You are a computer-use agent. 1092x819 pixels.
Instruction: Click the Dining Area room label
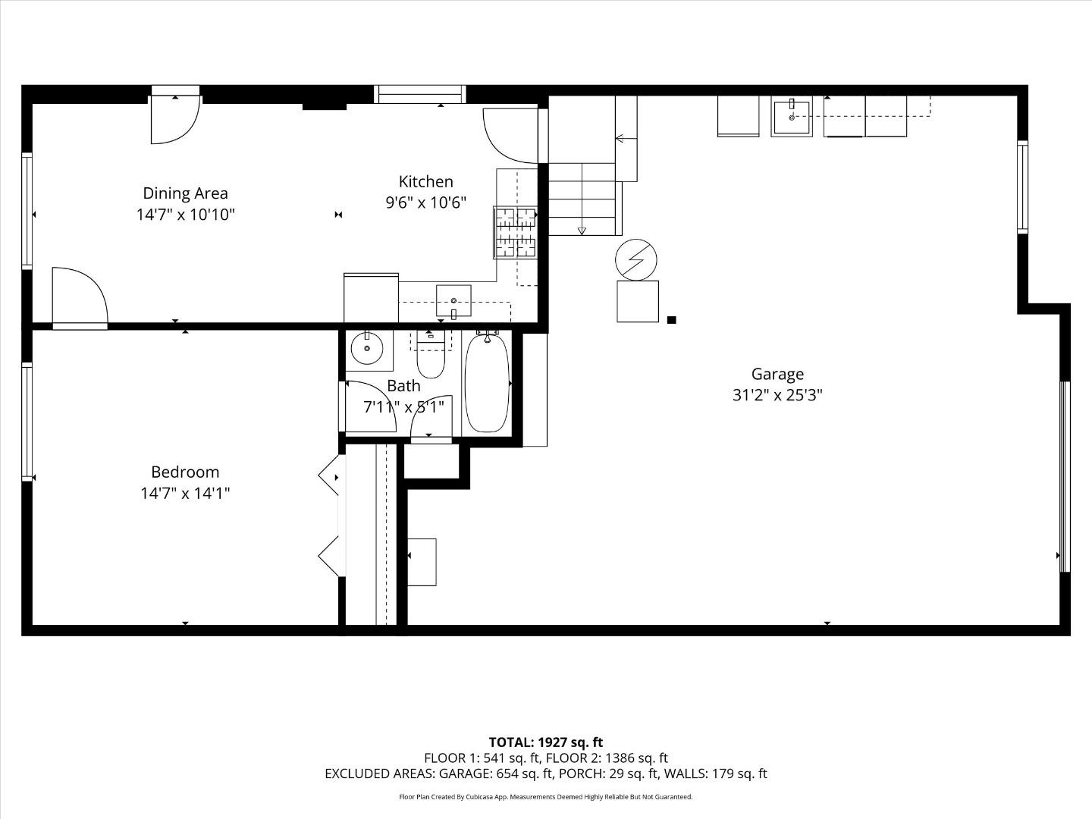click(185, 193)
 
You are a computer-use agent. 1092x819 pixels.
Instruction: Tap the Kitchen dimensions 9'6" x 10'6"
click(425, 202)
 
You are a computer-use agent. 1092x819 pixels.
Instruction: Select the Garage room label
click(777, 374)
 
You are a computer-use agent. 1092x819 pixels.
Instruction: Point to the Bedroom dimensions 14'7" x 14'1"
click(185, 493)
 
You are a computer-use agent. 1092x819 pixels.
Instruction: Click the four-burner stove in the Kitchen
click(516, 232)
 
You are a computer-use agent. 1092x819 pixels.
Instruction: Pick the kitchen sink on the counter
click(453, 301)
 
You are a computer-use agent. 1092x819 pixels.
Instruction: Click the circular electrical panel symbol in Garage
click(636, 259)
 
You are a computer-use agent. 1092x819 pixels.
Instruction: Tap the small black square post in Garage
click(671, 320)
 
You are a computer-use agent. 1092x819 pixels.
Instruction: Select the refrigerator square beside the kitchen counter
click(371, 298)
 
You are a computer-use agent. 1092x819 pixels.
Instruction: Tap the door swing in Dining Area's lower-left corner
click(79, 297)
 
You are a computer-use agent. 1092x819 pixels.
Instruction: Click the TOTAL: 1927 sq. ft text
click(545, 742)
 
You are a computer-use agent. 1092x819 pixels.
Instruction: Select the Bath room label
click(403, 386)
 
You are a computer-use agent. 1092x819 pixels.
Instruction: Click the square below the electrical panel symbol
click(637, 301)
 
